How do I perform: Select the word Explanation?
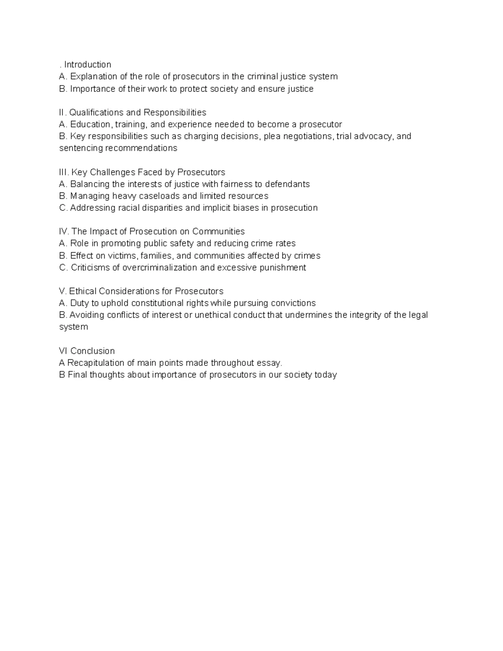(x=93, y=77)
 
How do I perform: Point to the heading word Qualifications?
(x=96, y=112)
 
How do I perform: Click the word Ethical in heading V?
(x=83, y=291)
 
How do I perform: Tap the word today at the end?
(x=326, y=375)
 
